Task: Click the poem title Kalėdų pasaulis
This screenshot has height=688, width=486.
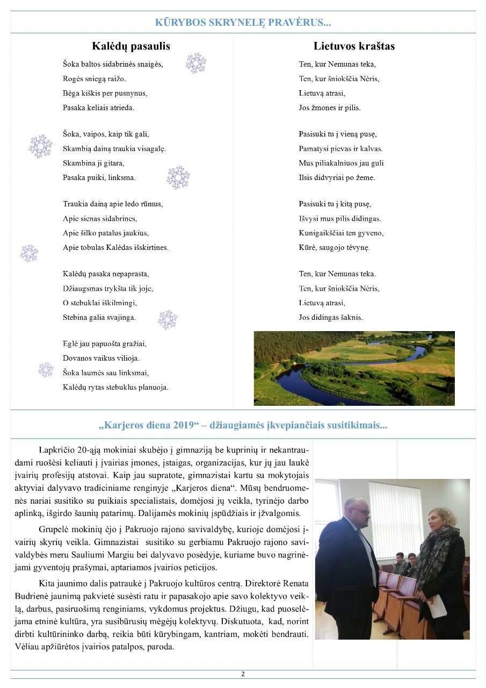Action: pyautogui.click(x=131, y=46)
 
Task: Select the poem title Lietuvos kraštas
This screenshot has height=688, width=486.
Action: pyautogui.click(x=354, y=46)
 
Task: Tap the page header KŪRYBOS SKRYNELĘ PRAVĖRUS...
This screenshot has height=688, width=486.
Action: pyautogui.click(x=243, y=23)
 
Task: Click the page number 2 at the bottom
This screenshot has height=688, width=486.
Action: pyautogui.click(x=243, y=674)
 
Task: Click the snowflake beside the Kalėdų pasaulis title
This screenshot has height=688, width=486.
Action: pyautogui.click(x=195, y=63)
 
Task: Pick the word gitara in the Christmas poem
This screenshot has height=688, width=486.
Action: pyautogui.click(x=113, y=163)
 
